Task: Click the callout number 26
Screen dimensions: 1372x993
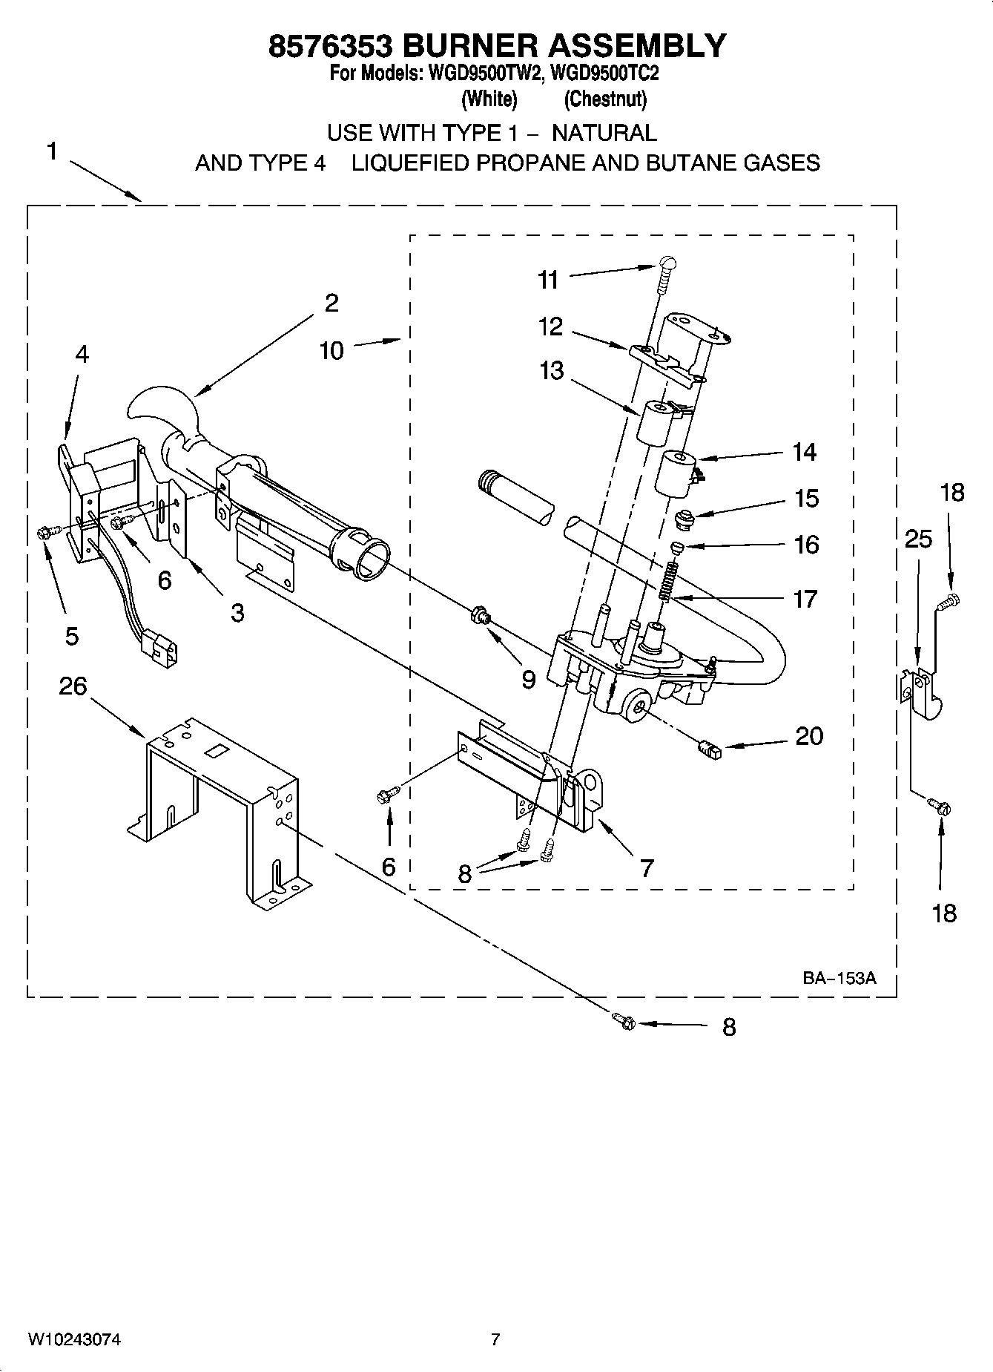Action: pyautogui.click(x=73, y=686)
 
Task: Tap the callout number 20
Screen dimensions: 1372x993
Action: pyautogui.click(x=809, y=736)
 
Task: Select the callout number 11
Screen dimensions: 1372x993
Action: pyautogui.click(x=548, y=280)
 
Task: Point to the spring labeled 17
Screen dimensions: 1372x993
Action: pyautogui.click(x=668, y=580)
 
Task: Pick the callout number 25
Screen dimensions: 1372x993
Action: pyautogui.click(x=918, y=539)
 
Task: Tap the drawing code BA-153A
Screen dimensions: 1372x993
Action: pyautogui.click(x=839, y=978)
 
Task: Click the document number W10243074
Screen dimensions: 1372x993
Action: pyautogui.click(x=74, y=1339)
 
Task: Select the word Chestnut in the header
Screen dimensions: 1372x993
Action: pyautogui.click(x=605, y=99)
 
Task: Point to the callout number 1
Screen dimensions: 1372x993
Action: pyautogui.click(x=51, y=152)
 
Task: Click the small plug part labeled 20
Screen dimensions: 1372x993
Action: pyautogui.click(x=710, y=751)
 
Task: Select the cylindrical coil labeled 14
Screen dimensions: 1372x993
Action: pyautogui.click(x=677, y=473)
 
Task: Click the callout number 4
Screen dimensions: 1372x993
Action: pyautogui.click(x=82, y=355)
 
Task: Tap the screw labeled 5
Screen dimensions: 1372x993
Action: pyautogui.click(x=44, y=531)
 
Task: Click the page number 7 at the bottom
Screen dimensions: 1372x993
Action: pyautogui.click(x=495, y=1339)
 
